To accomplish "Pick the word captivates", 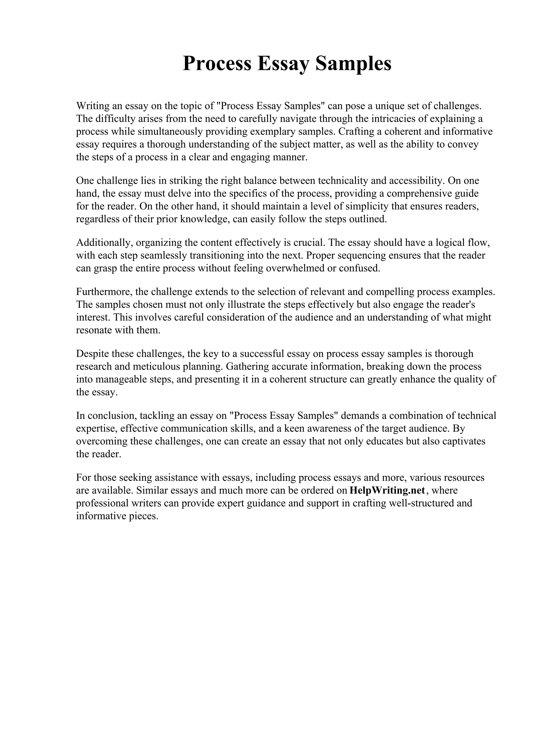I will pyautogui.click(x=464, y=441).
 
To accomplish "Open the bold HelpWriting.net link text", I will pyautogui.click(x=387, y=490).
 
